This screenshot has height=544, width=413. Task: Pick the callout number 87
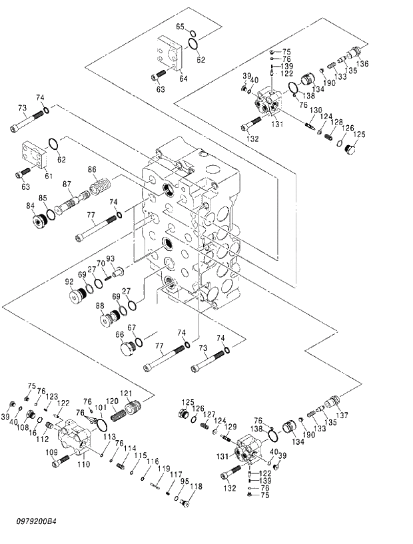(x=67, y=184)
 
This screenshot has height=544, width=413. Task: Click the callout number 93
(x=111, y=258)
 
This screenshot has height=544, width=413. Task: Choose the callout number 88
(x=99, y=306)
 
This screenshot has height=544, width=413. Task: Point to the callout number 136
(x=362, y=64)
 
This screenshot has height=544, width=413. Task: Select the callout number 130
(x=315, y=110)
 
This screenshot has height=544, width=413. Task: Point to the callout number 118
(x=195, y=487)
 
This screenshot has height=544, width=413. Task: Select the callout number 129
(x=231, y=426)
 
